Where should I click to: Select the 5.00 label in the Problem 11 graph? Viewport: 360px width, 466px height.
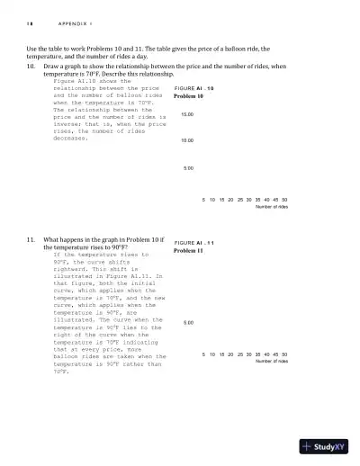(188, 322)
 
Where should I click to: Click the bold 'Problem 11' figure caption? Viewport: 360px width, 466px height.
(190, 251)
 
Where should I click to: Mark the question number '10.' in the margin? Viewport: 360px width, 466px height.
(31, 67)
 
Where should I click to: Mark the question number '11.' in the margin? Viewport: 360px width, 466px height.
(31, 240)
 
